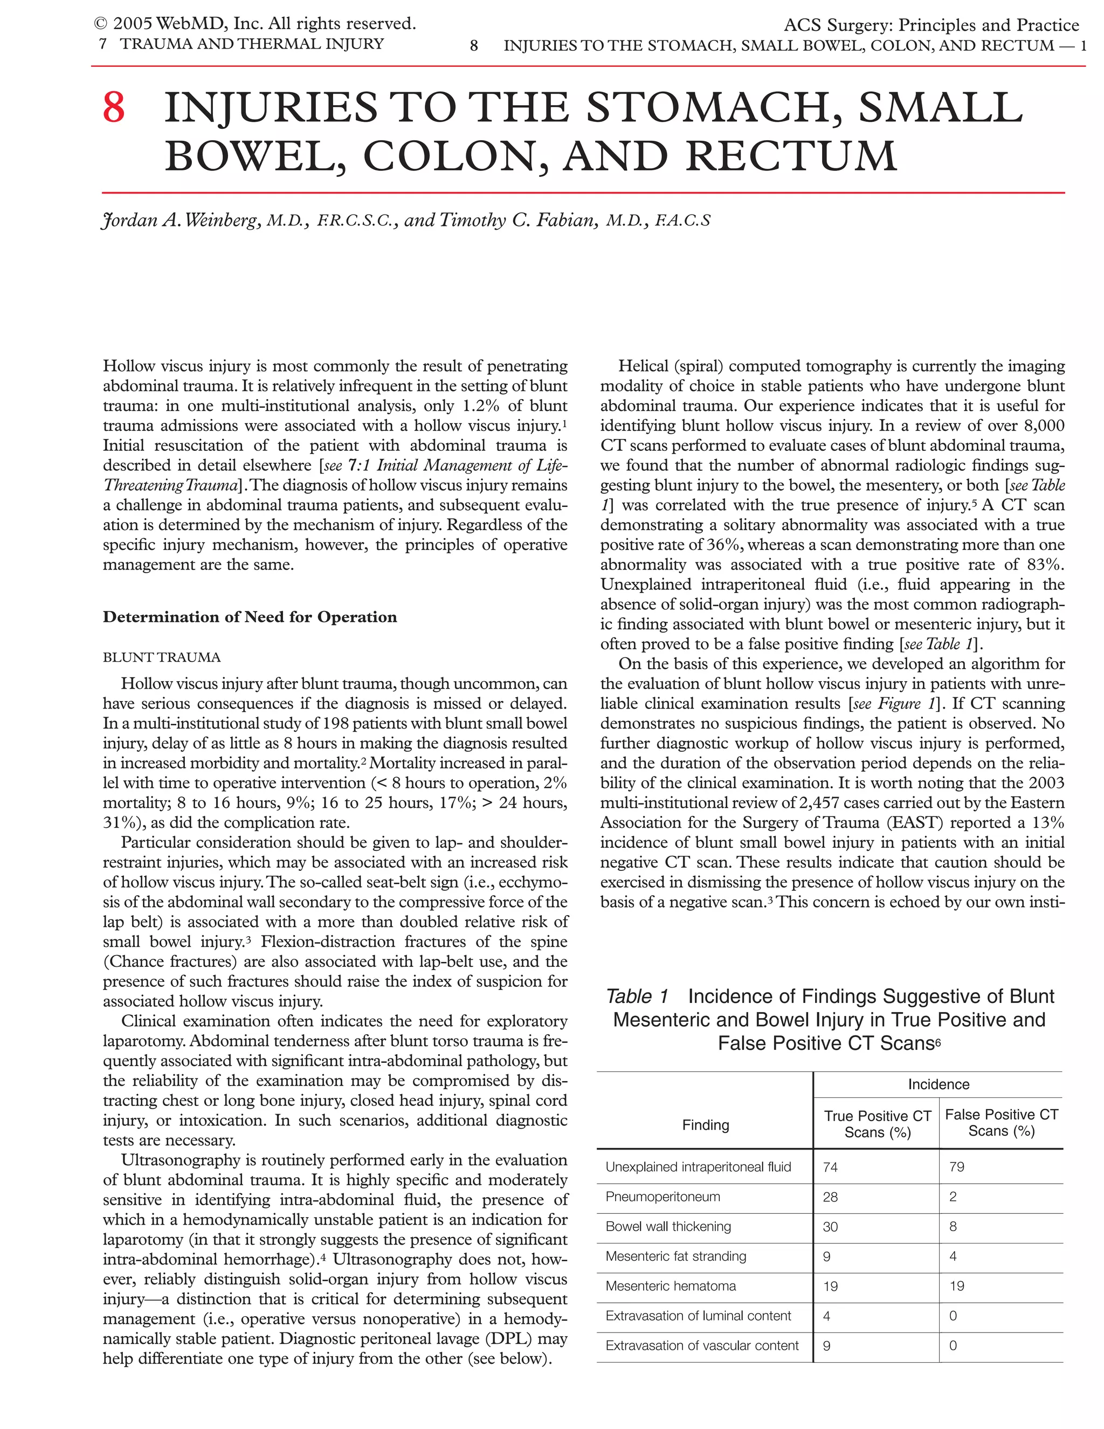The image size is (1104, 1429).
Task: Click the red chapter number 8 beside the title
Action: click(x=114, y=108)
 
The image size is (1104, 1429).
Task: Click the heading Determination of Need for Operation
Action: click(x=249, y=617)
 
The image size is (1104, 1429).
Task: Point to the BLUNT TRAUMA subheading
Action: click(x=162, y=657)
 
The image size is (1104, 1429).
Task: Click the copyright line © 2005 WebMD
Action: click(x=255, y=24)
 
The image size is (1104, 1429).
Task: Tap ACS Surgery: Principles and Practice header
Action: click(x=930, y=25)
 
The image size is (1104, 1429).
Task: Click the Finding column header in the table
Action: click(x=705, y=1125)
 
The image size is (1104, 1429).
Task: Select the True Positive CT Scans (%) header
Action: click(x=877, y=1124)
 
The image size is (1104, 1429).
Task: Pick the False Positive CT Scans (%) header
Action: click(x=1002, y=1123)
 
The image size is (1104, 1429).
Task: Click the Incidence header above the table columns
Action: click(x=938, y=1084)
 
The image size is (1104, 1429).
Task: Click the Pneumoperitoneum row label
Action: click(x=663, y=1197)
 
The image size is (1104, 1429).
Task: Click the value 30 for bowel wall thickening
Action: click(x=830, y=1227)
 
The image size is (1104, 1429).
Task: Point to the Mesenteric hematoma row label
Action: click(x=671, y=1286)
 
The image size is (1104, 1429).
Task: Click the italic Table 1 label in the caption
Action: click(x=637, y=997)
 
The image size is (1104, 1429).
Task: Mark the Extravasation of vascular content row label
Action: click(x=702, y=1346)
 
